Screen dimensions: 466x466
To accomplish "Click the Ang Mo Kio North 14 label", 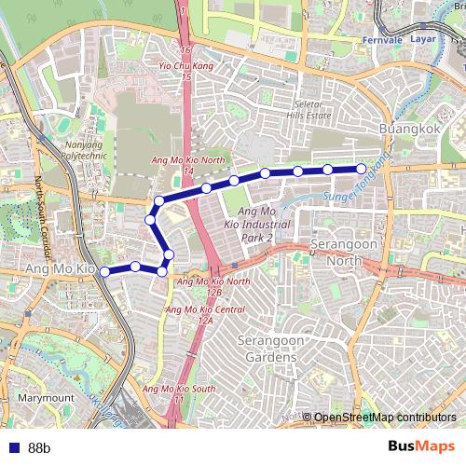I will pyautogui.click(x=187, y=165).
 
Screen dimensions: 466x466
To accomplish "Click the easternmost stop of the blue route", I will pyautogui.click(x=360, y=169).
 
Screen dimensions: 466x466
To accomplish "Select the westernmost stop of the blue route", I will pyautogui.click(x=104, y=271).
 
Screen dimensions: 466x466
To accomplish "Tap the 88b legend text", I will pyautogui.click(x=39, y=448).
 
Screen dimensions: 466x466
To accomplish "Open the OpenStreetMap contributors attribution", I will pyautogui.click(x=384, y=417).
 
